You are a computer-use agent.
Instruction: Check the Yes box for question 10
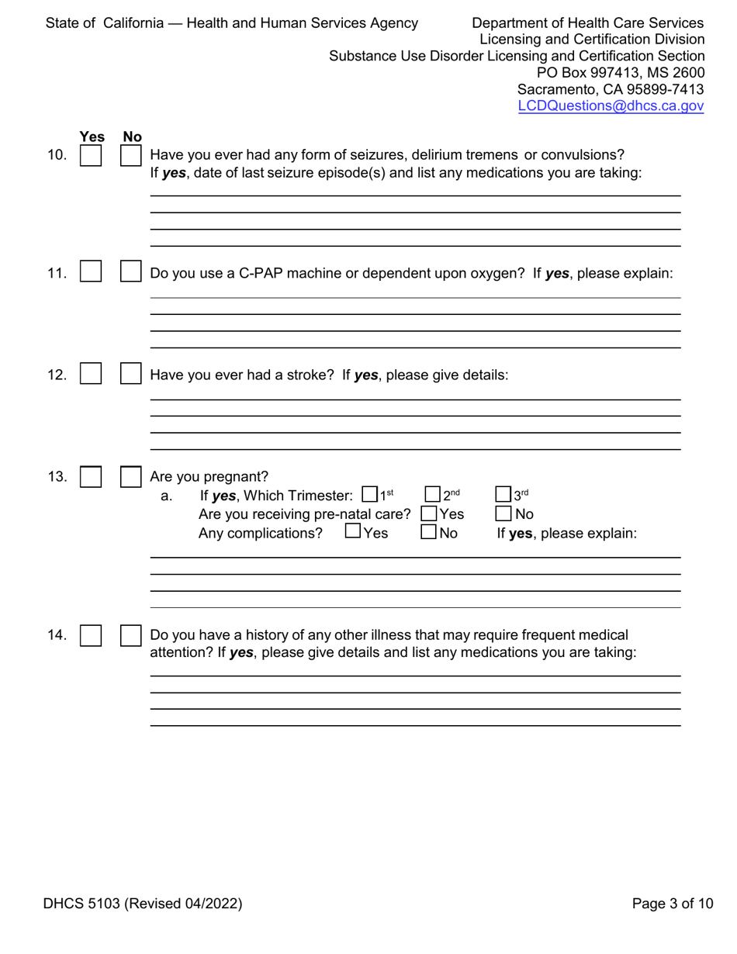pos(92,156)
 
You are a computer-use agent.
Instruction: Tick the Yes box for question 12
pos(92,375)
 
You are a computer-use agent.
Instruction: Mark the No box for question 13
pos(130,476)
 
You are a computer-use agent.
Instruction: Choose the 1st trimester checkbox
pos(370,494)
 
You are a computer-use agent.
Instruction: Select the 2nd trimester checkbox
pos(433,494)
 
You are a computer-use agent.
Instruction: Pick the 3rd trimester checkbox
pos(503,494)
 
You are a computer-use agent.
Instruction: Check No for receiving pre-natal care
pos(503,513)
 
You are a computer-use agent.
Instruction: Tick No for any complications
pos(427,532)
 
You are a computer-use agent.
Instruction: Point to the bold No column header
pos(132,137)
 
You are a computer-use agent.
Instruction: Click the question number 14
pos(57,636)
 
